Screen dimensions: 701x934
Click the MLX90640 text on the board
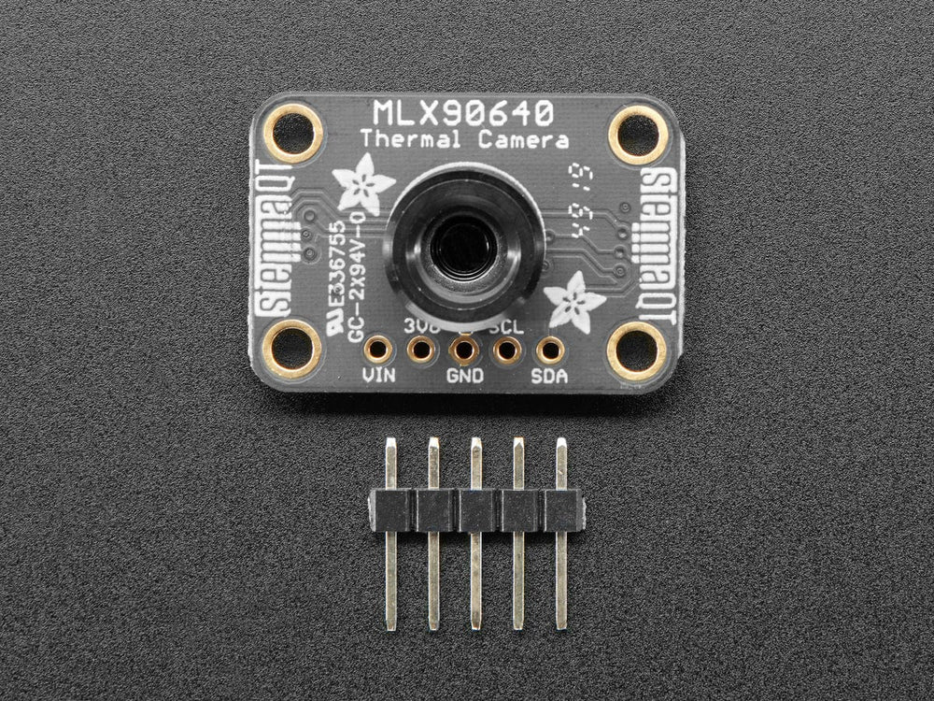[x=463, y=113]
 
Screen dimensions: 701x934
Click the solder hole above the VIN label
[x=377, y=350]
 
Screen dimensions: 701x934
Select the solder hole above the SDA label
[x=550, y=350]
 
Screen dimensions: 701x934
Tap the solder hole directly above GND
[x=464, y=350]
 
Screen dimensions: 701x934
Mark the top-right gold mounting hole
[x=638, y=134]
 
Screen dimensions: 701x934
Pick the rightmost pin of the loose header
[x=561, y=533]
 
